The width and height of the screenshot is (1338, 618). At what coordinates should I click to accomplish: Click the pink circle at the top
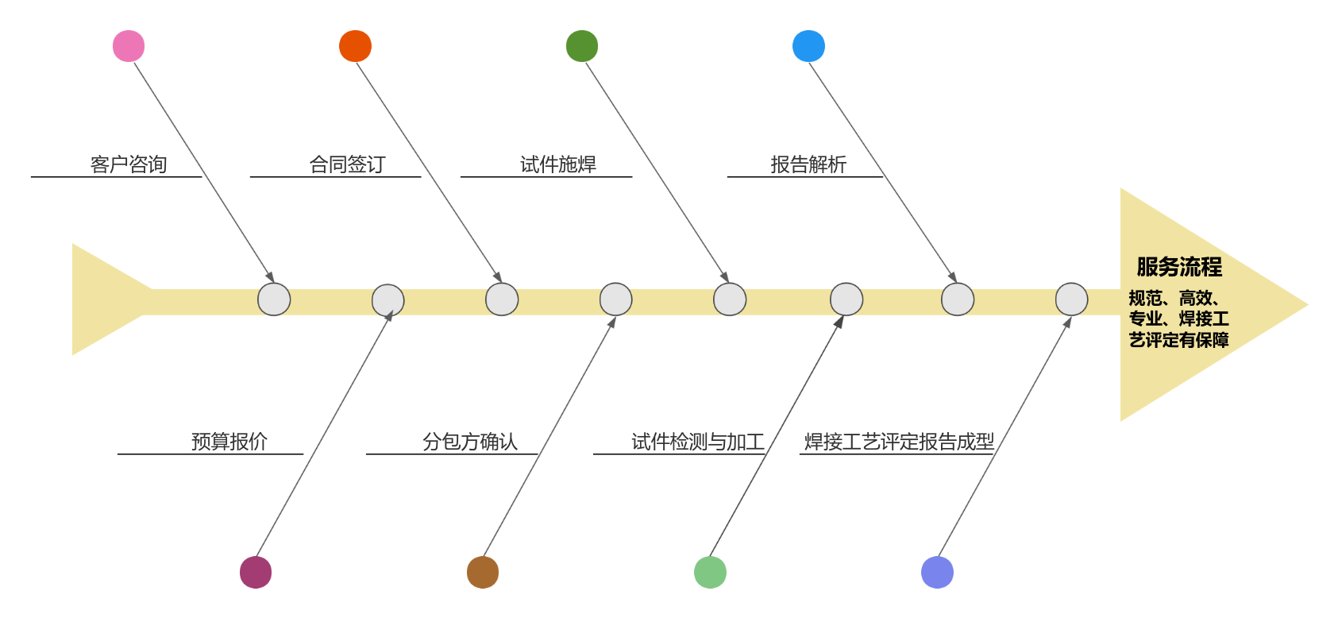point(129,46)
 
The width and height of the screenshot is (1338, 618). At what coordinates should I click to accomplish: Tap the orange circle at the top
point(355,46)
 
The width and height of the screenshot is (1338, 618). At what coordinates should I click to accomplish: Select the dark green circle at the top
point(582,46)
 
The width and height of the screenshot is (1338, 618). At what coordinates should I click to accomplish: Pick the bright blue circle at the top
point(808,46)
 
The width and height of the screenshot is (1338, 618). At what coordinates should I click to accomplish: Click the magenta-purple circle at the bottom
point(256,573)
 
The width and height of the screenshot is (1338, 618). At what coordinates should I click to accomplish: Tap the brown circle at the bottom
point(483,573)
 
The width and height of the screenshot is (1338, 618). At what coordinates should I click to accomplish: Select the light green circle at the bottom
point(710,573)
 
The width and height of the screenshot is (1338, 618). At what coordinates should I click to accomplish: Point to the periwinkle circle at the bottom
point(937,573)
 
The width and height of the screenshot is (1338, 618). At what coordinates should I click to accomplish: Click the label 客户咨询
point(129,164)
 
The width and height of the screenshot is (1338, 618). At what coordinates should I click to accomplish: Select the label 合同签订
point(347,164)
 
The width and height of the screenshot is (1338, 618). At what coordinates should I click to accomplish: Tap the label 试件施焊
point(558,164)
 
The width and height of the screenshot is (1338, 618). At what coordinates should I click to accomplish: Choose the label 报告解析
point(808,164)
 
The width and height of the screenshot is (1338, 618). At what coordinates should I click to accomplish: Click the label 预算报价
point(229,442)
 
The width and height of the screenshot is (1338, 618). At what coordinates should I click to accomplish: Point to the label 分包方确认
point(470,442)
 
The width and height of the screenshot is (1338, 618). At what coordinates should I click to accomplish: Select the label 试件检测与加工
point(698,442)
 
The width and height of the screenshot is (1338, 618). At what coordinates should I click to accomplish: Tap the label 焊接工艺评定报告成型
point(899,442)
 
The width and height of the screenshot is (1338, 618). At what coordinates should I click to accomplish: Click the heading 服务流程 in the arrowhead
point(1179,267)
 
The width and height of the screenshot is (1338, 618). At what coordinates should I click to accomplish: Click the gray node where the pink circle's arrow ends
point(274,299)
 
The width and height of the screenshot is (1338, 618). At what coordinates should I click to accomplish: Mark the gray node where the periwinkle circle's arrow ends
point(1071,299)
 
